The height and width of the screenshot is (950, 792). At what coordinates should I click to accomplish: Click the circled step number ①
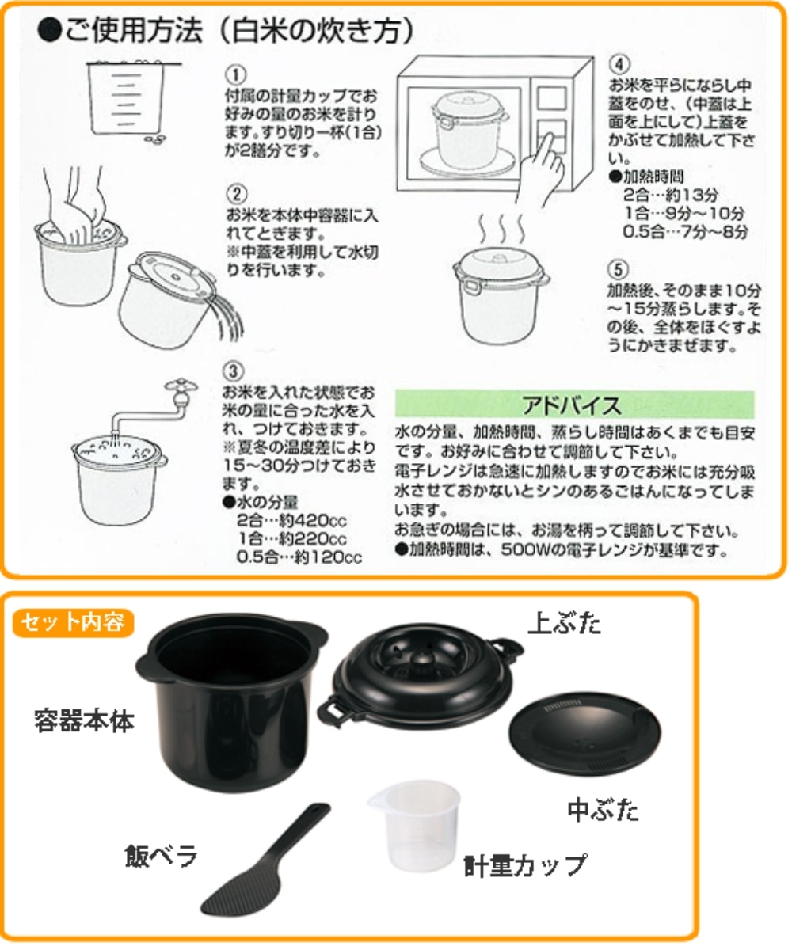pos(234,74)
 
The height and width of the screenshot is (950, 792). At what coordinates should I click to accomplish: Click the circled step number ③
pos(234,370)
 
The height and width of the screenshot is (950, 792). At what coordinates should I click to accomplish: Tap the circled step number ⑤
pos(619,268)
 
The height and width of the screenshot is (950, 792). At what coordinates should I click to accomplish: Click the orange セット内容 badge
pos(72,622)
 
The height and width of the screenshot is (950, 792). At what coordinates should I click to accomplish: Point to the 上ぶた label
pos(564,625)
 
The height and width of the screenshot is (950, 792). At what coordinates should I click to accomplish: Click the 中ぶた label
pos(602,810)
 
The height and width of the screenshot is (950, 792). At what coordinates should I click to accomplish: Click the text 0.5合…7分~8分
pos(685,232)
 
